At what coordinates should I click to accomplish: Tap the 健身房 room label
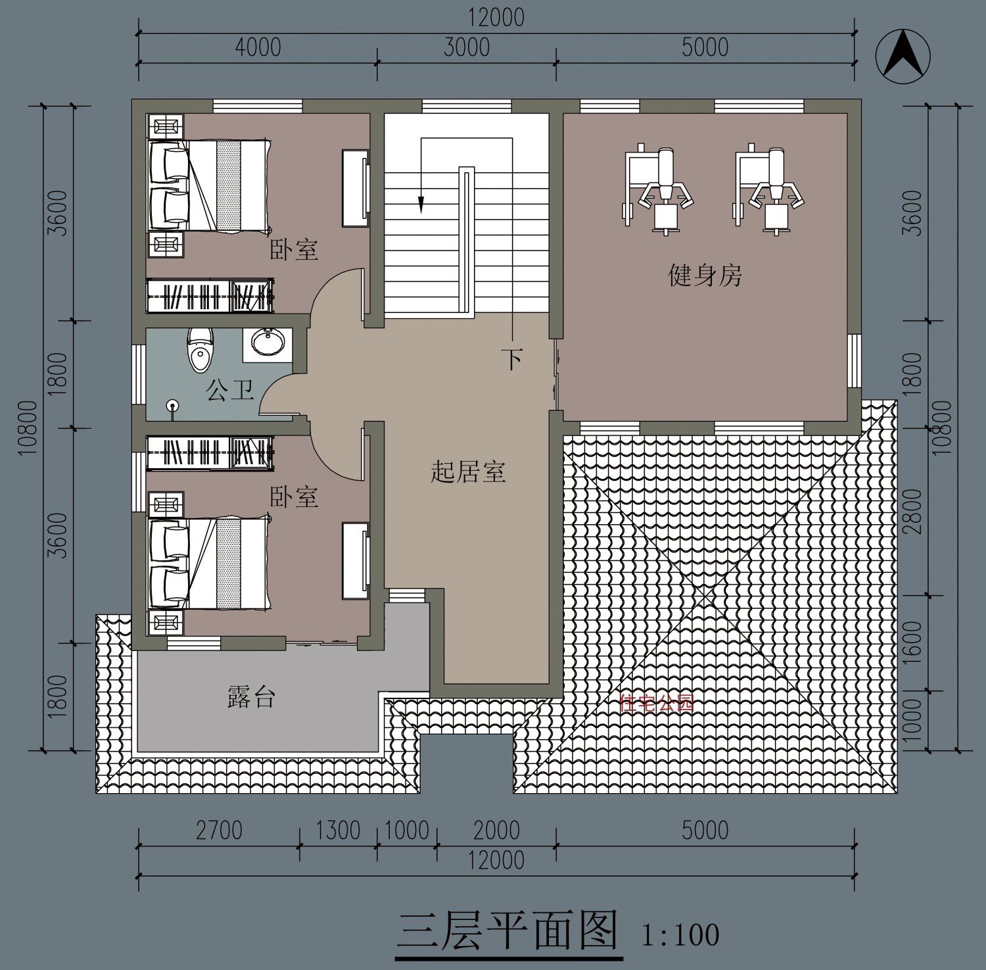tap(705, 276)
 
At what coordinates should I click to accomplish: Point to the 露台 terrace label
tap(251, 697)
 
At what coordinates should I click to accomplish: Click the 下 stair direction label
tap(512, 359)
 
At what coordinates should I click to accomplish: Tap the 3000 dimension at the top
tap(466, 47)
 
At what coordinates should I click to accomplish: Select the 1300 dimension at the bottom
tap(338, 830)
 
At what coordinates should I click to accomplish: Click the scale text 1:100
tap(680, 934)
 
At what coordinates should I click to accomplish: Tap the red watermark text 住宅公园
tap(657, 704)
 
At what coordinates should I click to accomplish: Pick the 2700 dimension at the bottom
tap(219, 830)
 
